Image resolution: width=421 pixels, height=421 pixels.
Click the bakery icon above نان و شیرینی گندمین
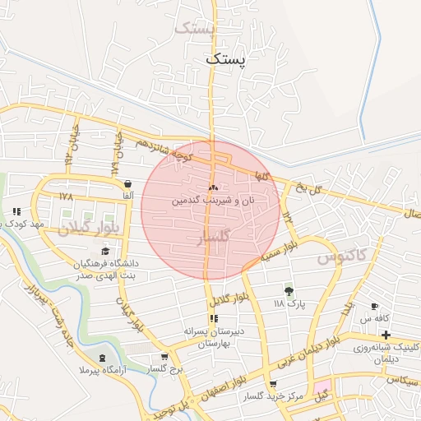point(214,188)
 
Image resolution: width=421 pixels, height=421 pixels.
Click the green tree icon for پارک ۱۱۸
point(289,290)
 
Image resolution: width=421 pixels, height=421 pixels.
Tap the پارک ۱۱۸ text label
point(289,303)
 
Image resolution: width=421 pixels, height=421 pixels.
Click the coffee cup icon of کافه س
point(374,306)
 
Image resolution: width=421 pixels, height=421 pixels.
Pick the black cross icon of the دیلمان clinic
point(386,335)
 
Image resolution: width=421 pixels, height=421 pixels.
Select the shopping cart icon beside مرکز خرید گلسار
point(273,384)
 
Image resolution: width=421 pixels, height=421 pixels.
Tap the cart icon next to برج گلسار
point(165,357)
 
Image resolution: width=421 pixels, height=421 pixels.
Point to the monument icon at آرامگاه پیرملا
point(102,358)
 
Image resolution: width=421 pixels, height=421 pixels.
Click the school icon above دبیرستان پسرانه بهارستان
point(214,318)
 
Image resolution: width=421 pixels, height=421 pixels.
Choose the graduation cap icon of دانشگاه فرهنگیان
point(104,252)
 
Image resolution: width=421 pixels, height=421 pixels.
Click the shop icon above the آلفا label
point(127,183)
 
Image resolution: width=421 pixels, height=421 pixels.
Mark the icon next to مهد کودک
point(16,211)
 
